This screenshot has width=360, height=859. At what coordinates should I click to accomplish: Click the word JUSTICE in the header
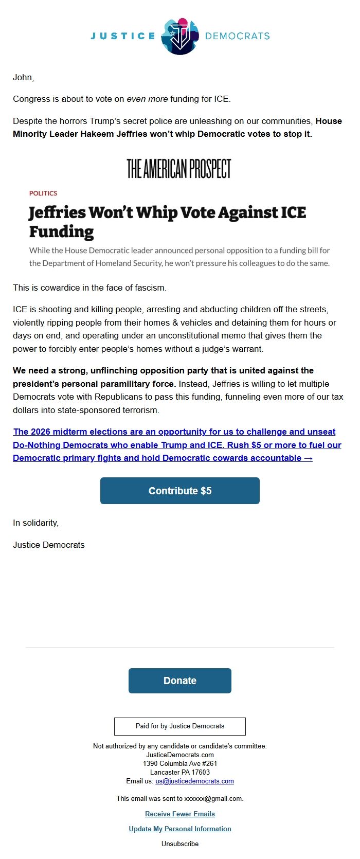(x=123, y=36)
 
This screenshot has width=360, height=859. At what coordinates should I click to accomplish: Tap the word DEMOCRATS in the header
(x=237, y=36)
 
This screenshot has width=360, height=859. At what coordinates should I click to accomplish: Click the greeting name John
(x=23, y=78)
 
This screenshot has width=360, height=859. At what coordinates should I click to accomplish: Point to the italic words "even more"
(x=147, y=99)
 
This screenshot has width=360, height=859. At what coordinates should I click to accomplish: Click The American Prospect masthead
(x=179, y=169)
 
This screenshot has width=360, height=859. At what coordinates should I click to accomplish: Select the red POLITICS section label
(x=43, y=193)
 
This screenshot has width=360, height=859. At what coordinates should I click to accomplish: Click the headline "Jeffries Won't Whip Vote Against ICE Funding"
(x=167, y=222)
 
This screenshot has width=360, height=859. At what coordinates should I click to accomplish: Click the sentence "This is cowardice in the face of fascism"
(x=89, y=288)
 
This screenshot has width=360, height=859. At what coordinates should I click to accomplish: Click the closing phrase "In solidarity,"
(x=36, y=523)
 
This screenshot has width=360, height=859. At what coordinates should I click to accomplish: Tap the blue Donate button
(x=180, y=681)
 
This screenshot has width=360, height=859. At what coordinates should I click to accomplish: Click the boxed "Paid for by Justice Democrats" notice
(x=180, y=726)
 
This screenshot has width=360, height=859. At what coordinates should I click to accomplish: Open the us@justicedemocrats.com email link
(x=194, y=781)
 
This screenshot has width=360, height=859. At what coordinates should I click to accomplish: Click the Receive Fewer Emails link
(x=180, y=814)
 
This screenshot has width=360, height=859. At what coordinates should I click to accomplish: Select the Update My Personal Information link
(x=180, y=829)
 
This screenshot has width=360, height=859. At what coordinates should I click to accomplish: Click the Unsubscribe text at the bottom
(x=180, y=844)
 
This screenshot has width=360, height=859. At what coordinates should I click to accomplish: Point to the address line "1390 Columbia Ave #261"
(x=180, y=764)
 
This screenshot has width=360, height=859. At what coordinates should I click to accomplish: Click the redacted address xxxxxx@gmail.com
(x=213, y=799)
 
